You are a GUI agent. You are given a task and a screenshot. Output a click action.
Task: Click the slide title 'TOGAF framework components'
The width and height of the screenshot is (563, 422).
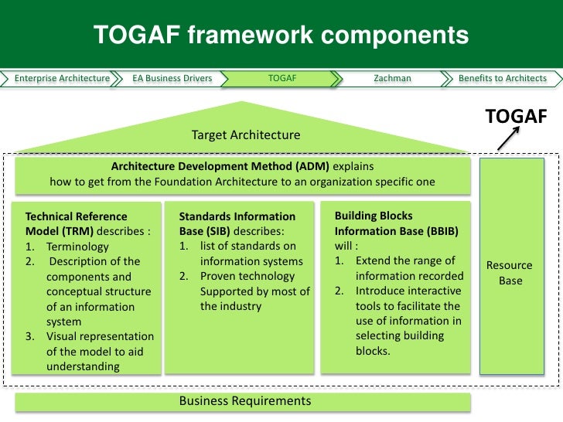(x=281, y=35)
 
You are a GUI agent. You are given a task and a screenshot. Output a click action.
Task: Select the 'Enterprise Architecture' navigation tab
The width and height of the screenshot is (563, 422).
(x=62, y=78)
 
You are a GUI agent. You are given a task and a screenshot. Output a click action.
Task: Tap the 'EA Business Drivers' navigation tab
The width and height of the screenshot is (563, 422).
(x=172, y=78)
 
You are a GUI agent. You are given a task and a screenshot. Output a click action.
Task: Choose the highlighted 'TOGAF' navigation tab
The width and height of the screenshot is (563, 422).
(x=281, y=78)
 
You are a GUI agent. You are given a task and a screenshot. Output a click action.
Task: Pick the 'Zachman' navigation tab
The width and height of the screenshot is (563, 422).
(x=392, y=78)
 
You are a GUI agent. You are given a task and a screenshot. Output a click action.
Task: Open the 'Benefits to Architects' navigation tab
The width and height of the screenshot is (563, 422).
(x=502, y=78)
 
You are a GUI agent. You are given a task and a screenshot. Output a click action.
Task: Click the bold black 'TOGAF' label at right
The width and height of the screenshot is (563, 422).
(x=516, y=116)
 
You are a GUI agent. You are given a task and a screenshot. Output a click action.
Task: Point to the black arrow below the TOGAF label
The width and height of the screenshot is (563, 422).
(x=507, y=138)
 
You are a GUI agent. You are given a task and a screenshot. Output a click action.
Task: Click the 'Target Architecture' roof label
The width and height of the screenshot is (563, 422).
(x=245, y=135)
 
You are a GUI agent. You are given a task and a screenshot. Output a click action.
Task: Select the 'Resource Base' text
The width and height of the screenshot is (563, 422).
(x=510, y=273)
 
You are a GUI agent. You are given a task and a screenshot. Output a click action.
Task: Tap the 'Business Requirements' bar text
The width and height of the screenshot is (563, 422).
(x=245, y=400)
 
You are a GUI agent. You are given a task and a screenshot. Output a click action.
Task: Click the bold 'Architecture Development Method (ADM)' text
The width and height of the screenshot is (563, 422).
(x=220, y=167)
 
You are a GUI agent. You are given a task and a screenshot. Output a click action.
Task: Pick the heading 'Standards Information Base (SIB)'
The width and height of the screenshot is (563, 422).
(x=237, y=224)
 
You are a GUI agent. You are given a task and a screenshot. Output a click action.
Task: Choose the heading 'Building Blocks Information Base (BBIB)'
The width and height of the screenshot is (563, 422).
(x=374, y=223)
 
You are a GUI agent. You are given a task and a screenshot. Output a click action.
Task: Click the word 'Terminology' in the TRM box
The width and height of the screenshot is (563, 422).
(x=77, y=247)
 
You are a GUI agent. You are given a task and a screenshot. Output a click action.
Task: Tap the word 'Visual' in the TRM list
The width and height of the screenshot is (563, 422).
(x=63, y=336)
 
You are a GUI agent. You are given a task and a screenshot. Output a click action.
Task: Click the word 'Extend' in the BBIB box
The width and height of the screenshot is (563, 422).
(x=374, y=260)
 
